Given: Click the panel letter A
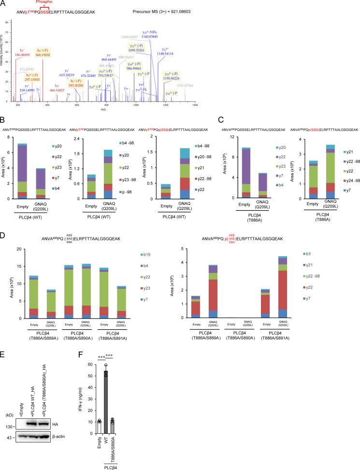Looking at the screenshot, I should pos(4,4).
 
